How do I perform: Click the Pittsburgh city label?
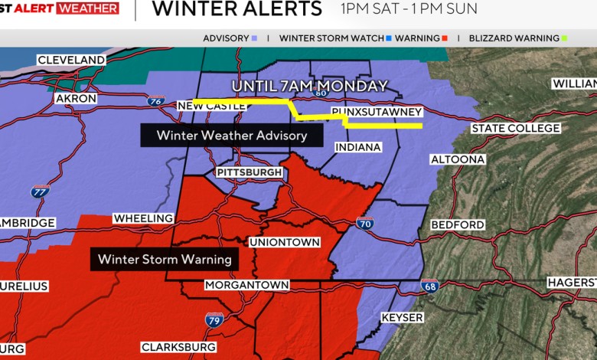point(250,172)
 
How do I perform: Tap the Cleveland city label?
point(71,60)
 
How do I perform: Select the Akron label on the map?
point(76,99)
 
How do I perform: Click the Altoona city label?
point(458,159)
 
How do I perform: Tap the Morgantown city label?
point(246,285)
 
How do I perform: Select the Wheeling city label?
point(143,218)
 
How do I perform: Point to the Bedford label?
point(458,224)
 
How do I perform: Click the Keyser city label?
point(402,317)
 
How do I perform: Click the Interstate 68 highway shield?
point(429,286)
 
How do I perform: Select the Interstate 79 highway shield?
point(214,319)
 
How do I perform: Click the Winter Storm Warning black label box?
point(164,259)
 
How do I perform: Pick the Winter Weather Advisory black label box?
point(231,136)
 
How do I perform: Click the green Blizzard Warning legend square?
point(564,38)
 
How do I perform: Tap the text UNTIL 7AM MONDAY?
point(309,86)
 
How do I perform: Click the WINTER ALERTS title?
point(237,9)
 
